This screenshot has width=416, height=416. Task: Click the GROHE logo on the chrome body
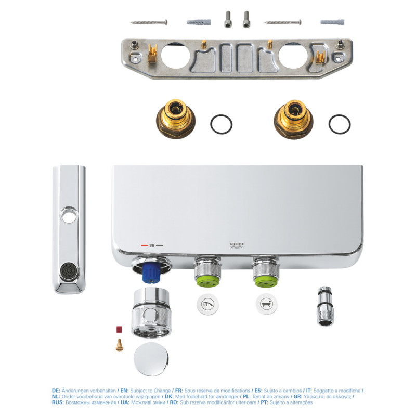coord(237,244)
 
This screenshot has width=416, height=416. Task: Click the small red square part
coord(119,330)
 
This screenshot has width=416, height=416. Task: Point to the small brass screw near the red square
coord(120,344)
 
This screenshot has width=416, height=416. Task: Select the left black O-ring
coord(221,124)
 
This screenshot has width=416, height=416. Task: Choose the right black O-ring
coord(339,124)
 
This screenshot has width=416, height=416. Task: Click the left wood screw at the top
coord(149,22)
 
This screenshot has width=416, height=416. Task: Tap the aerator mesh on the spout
coord(68,271)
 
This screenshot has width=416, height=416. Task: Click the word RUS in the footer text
coord(58,402)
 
